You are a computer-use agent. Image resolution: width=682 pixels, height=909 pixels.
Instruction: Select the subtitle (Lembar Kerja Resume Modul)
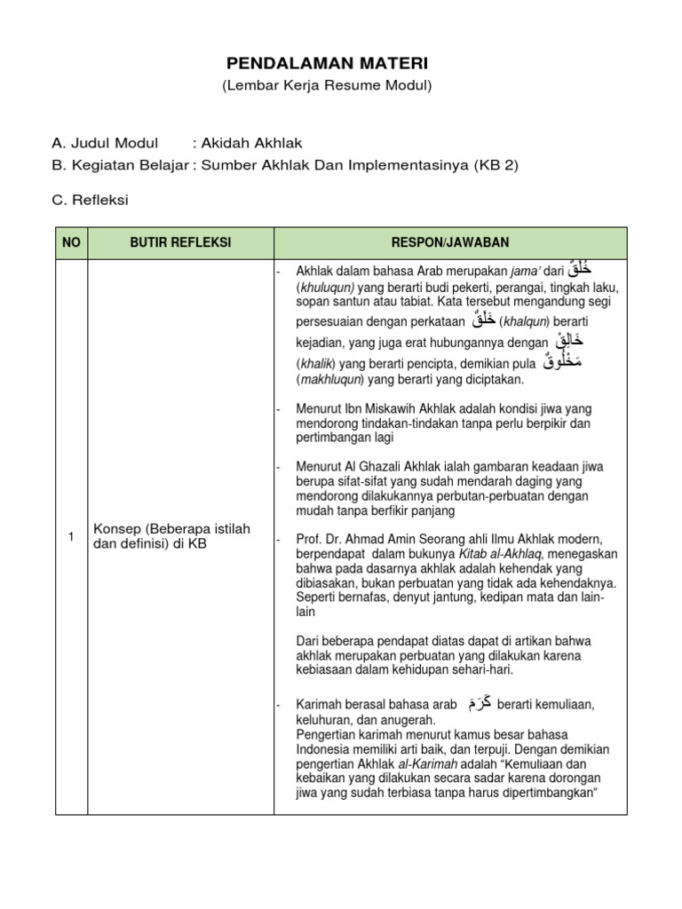click(x=327, y=85)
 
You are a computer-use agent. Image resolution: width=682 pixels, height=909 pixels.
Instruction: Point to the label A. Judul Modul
click(x=105, y=143)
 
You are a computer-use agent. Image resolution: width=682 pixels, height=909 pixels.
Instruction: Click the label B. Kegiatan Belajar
click(x=120, y=164)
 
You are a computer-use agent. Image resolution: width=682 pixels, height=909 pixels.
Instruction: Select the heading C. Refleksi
click(x=90, y=200)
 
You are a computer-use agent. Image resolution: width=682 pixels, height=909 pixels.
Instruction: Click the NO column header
click(x=71, y=243)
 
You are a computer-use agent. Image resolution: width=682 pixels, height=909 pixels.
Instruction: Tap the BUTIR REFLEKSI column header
click(x=180, y=243)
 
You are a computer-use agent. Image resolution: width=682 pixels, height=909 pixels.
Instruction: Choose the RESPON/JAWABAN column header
click(x=450, y=243)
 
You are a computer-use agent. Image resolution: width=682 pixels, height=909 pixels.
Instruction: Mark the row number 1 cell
click(x=71, y=536)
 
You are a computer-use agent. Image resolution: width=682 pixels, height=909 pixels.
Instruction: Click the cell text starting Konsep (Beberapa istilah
click(x=172, y=536)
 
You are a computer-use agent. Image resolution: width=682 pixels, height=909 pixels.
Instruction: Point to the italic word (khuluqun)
click(x=326, y=289)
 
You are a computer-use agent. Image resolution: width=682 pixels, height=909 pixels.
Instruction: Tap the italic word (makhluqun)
click(x=330, y=380)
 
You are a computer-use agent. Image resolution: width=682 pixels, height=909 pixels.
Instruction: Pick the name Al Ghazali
click(x=383, y=467)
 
